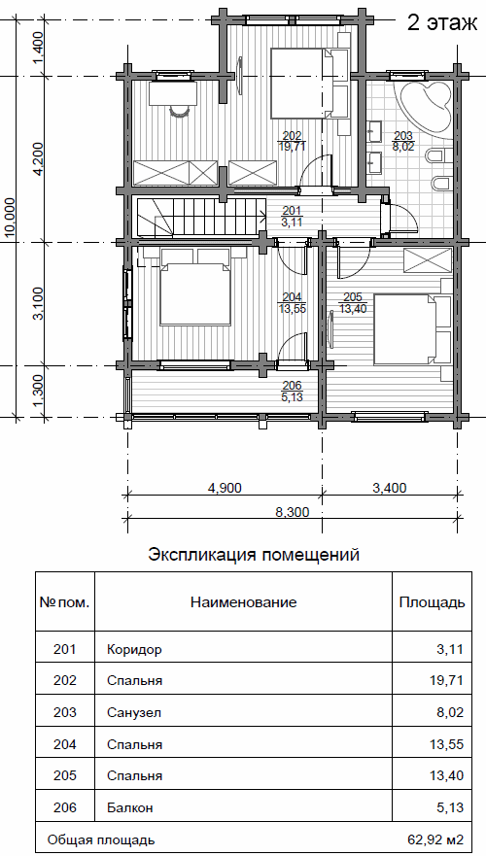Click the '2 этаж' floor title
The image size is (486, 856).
click(441, 23)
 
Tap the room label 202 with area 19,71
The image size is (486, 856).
click(293, 141)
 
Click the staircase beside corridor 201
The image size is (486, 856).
click(200, 216)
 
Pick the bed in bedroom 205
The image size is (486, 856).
click(411, 329)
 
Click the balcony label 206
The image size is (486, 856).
click(293, 391)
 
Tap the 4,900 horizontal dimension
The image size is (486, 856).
click(224, 488)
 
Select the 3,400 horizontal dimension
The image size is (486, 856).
click(390, 488)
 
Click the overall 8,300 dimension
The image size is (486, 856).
click(293, 512)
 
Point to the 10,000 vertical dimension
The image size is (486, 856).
click(10, 219)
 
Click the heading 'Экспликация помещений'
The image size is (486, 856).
click(254, 555)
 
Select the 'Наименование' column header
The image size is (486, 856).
click(244, 602)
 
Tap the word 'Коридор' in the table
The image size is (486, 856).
click(135, 650)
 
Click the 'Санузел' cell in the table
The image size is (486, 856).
click(134, 712)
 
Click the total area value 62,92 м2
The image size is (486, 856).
click(435, 839)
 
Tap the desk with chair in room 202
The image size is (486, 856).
click(173, 96)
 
